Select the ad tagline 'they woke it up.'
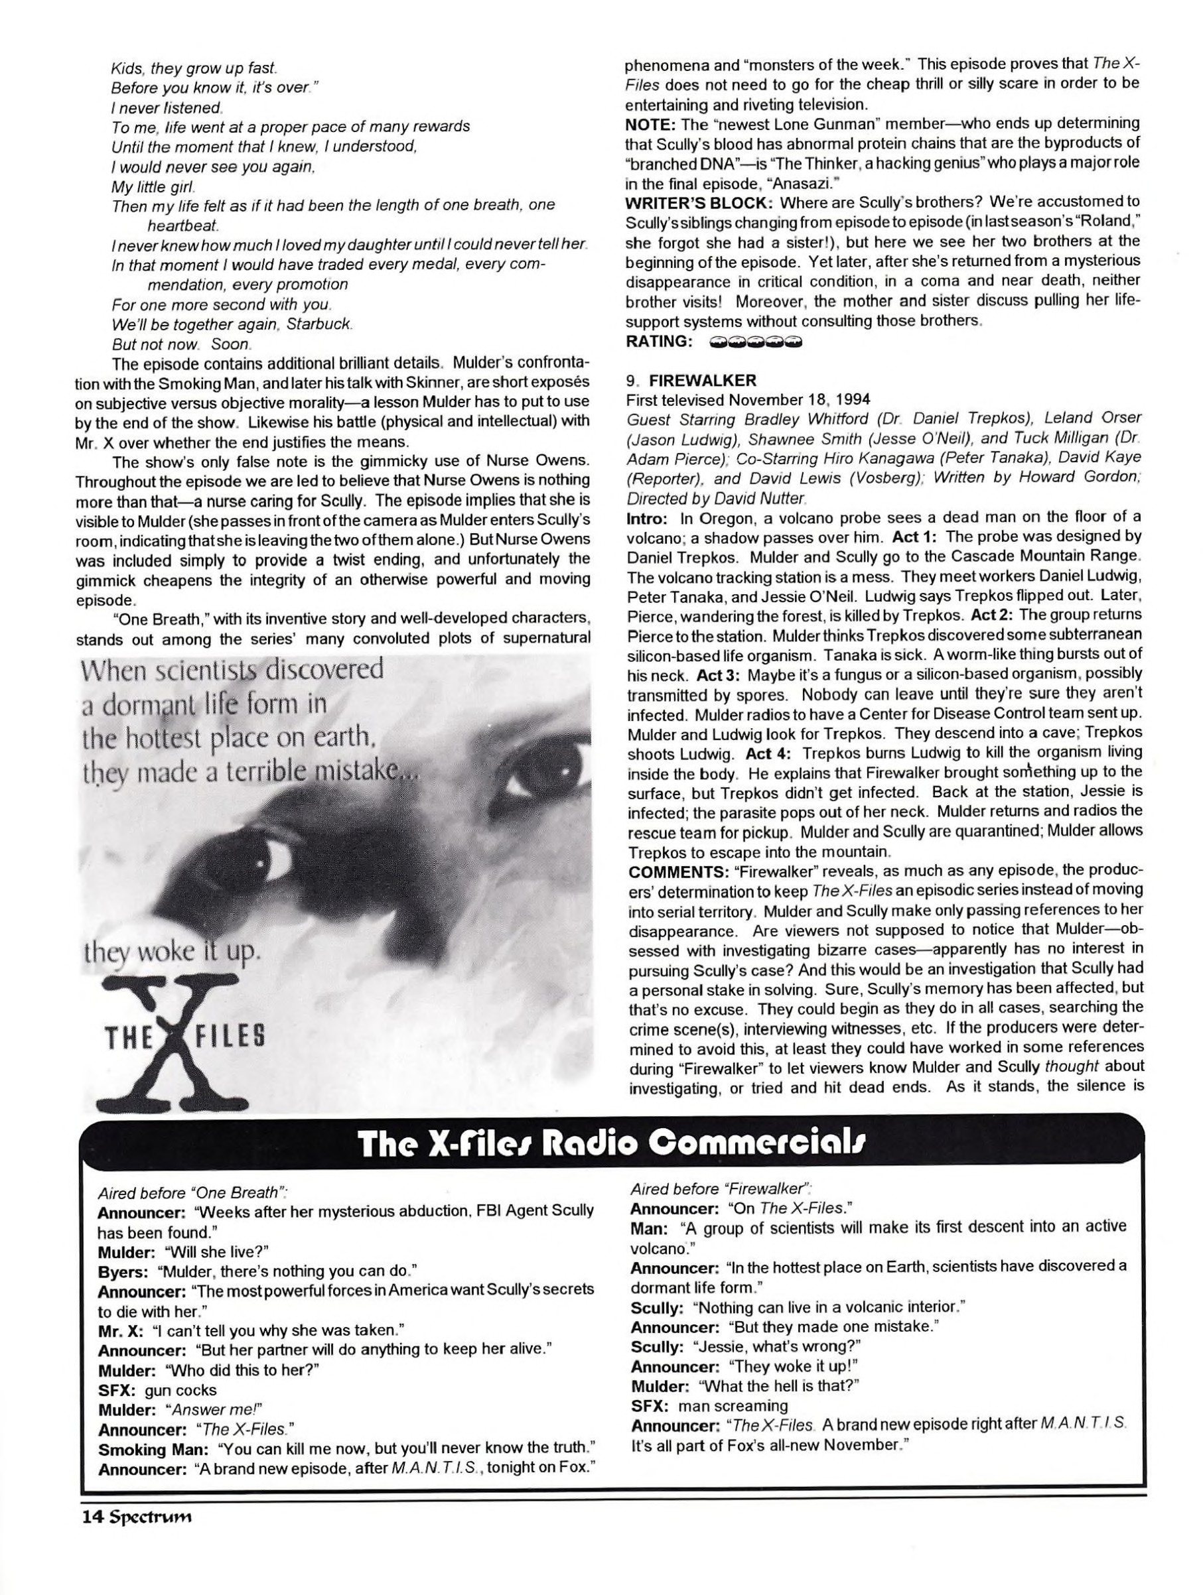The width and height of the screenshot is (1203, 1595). tap(172, 952)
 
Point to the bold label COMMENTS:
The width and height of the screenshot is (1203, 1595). tap(673, 871)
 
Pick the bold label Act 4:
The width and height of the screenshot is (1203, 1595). tap(769, 753)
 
